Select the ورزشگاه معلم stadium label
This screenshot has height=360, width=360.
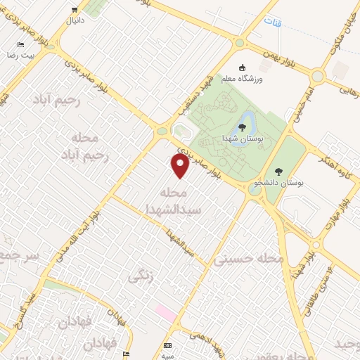(x=243, y=79)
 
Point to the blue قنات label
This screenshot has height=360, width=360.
(x=272, y=22)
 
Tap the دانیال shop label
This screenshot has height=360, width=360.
(x=75, y=21)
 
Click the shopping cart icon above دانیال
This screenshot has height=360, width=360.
(x=75, y=10)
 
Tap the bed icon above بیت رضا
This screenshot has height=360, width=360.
(x=20, y=45)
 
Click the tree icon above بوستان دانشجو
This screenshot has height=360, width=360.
(x=279, y=171)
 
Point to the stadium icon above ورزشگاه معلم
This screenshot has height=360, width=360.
(x=243, y=67)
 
